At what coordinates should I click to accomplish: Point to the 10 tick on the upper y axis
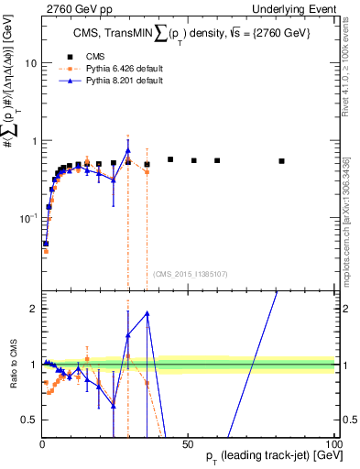[x=30, y=63]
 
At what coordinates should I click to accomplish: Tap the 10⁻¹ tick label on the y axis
[x=27, y=218]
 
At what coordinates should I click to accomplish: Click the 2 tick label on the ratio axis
[x=32, y=309]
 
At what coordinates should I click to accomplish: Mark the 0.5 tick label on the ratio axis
[x=28, y=420]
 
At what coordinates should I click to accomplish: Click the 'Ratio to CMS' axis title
[x=11, y=364]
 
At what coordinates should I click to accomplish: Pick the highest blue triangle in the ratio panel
[x=147, y=313]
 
